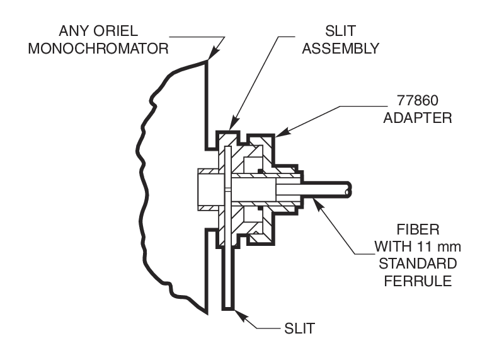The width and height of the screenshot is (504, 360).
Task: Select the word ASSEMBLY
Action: (340, 48)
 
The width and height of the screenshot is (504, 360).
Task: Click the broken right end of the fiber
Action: (349, 187)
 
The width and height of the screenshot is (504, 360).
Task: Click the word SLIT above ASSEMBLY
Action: (340, 30)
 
